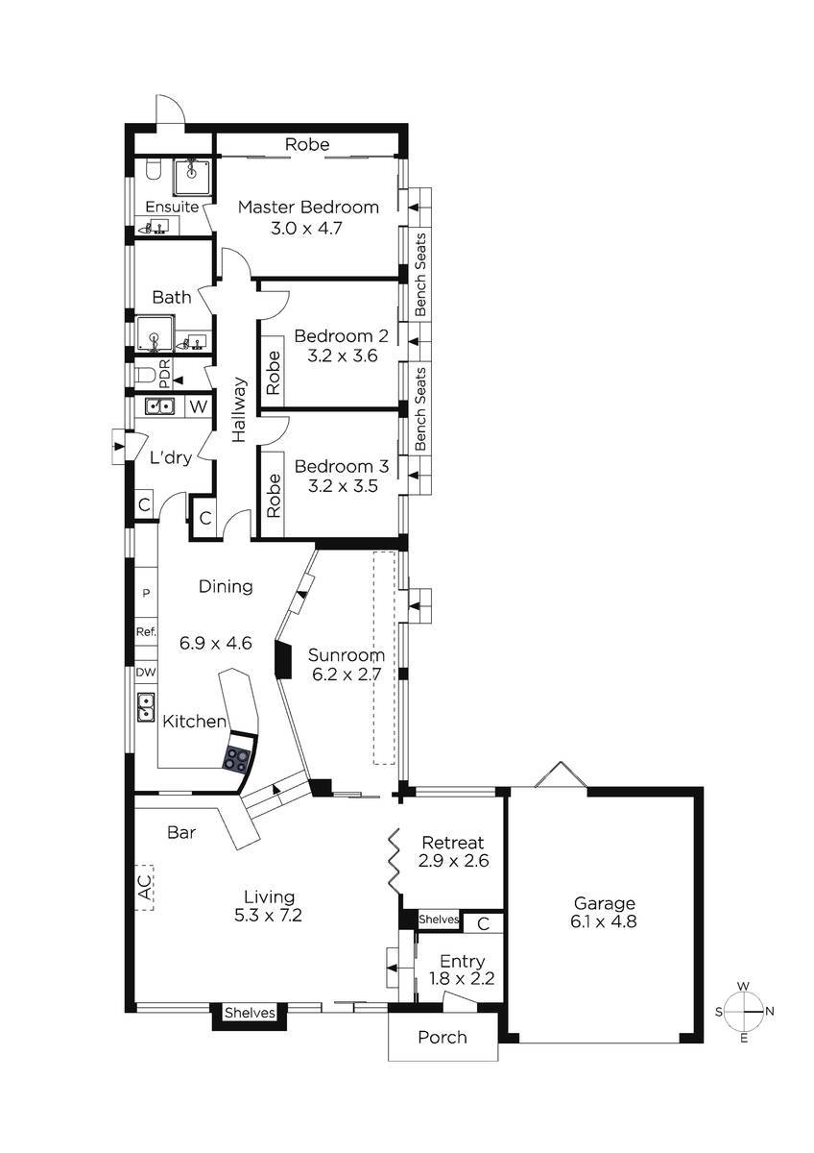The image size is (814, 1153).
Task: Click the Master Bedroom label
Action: (308, 207)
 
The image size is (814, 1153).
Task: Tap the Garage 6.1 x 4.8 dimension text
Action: (604, 921)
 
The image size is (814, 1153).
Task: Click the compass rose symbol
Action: (744, 1012)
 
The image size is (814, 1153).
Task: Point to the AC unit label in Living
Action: (146, 888)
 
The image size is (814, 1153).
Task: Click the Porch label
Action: (443, 1037)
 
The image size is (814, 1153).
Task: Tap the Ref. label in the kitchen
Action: (146, 631)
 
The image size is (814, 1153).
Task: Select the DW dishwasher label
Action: (146, 672)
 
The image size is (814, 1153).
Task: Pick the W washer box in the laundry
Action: (199, 406)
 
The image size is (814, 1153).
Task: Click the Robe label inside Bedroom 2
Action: (274, 373)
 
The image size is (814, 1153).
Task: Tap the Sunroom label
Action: (347, 655)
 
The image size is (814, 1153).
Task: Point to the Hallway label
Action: (240, 410)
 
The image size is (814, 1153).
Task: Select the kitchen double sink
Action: (147, 707)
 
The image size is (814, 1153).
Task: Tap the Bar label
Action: (181, 832)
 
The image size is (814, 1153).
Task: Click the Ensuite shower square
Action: (192, 177)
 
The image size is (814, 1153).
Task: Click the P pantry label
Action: (146, 593)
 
